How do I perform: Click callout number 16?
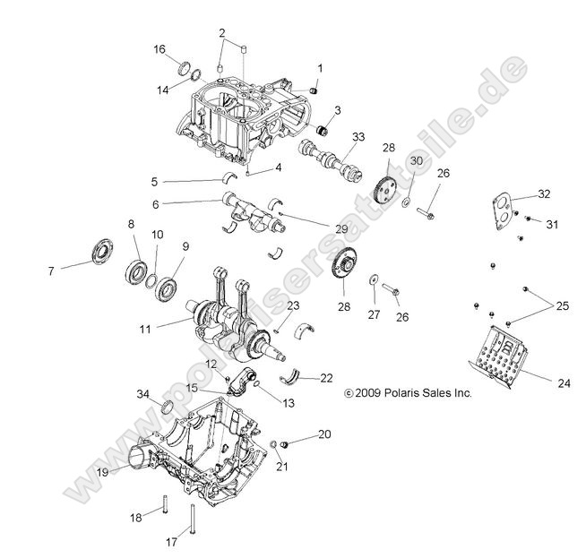(159, 49)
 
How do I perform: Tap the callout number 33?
(359, 137)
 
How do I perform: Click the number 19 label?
(103, 471)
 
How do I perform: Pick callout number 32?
(544, 193)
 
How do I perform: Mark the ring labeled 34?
(167, 411)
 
